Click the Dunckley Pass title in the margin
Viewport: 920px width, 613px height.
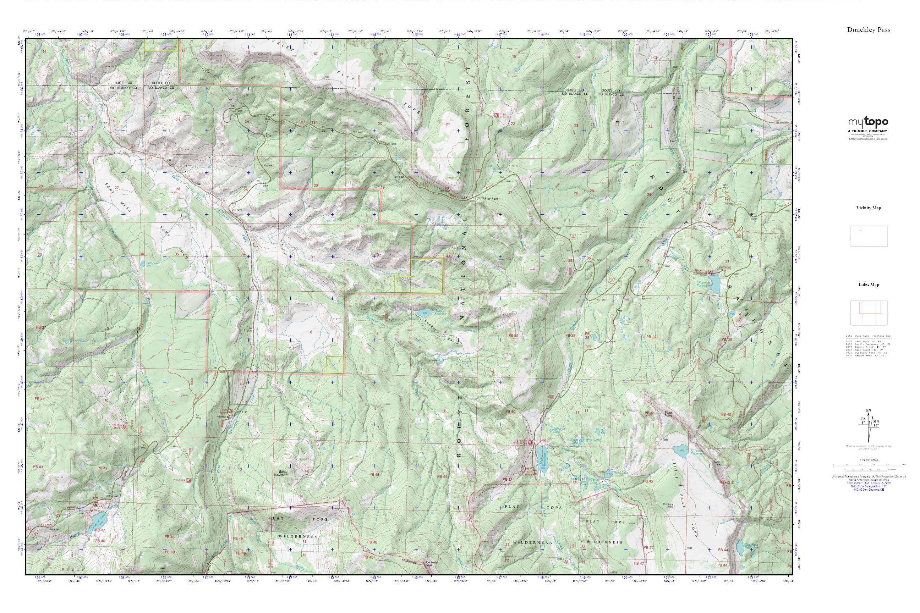coord(869,30)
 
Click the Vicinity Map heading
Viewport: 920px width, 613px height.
coord(869,208)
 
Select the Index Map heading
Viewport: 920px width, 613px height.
coord(869,285)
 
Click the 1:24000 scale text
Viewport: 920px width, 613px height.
coord(869,460)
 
